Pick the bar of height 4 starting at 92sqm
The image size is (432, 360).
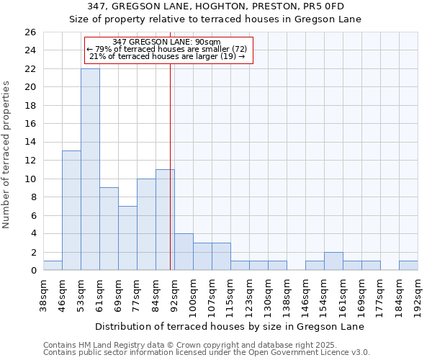184,252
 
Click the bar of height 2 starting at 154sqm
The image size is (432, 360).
333,261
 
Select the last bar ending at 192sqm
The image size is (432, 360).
408,266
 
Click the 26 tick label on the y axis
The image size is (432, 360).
30,32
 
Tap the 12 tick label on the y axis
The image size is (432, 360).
30,161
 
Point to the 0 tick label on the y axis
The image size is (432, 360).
32,271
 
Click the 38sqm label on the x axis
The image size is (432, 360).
43,294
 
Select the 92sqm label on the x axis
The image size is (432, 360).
174,294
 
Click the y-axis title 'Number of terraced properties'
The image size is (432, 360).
7,154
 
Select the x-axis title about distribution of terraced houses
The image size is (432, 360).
230,327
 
